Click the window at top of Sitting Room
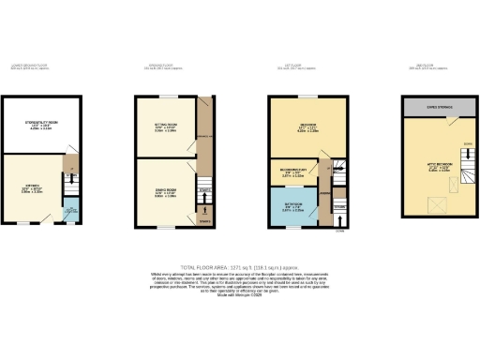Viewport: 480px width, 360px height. [x=166, y=97]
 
